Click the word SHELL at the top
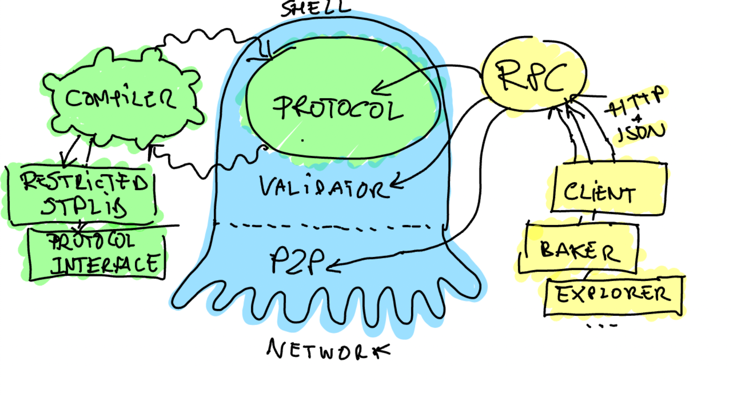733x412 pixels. click(315, 8)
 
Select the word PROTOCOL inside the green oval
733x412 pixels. click(338, 108)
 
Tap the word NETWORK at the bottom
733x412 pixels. click(328, 349)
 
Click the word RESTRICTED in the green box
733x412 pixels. click(84, 181)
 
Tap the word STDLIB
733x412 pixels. click(84, 207)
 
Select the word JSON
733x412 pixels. click(641, 132)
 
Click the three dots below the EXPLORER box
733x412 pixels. click(601, 326)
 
